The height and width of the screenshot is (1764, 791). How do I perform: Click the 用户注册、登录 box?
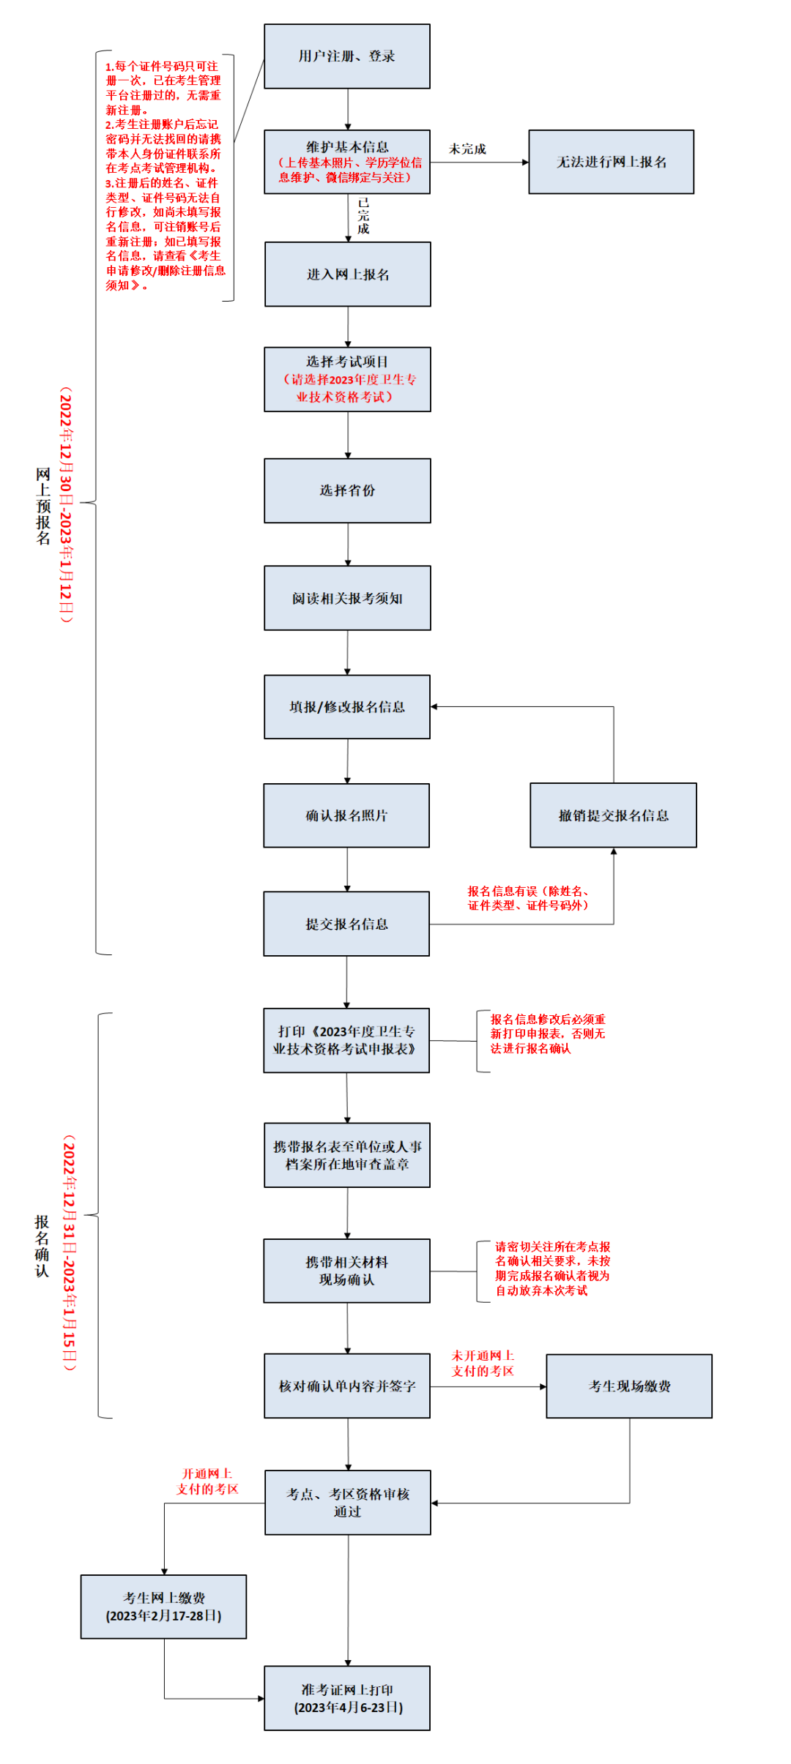[x=346, y=56]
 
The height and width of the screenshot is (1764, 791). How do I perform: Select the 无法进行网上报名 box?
[x=611, y=162]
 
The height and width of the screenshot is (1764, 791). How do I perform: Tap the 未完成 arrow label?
[x=467, y=149]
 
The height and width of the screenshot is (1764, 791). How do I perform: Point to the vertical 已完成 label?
[x=363, y=216]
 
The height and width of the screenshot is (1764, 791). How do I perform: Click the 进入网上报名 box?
[x=347, y=274]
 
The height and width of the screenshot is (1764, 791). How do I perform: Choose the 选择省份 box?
[x=347, y=490]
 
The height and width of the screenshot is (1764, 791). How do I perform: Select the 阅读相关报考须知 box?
[x=347, y=598]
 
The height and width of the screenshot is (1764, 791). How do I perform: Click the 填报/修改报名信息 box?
[x=346, y=707]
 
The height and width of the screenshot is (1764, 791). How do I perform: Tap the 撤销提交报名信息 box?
[x=613, y=815]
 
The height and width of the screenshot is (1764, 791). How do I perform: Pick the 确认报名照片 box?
[x=346, y=815]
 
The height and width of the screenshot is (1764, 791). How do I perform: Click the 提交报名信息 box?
[x=346, y=924]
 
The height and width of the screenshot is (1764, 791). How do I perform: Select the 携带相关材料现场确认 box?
[x=346, y=1271]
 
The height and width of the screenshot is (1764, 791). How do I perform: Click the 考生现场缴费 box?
[x=629, y=1386]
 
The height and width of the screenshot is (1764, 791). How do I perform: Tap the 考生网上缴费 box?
[x=163, y=1607]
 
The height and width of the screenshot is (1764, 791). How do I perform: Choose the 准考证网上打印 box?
[x=347, y=1698]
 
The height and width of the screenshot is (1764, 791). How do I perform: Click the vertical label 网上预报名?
[x=43, y=506]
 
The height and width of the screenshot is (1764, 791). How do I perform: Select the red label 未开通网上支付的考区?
[x=483, y=1363]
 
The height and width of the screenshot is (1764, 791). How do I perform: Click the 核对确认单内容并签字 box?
[x=347, y=1386]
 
